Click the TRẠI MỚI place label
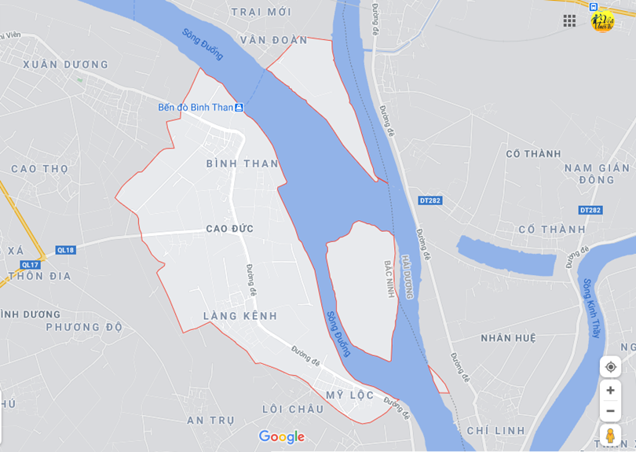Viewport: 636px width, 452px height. (x=261, y=12)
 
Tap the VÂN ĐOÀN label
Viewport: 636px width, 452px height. (x=273, y=40)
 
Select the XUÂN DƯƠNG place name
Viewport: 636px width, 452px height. (x=66, y=64)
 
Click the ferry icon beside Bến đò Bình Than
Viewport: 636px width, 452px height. (x=239, y=108)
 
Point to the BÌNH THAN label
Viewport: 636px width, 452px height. (x=242, y=164)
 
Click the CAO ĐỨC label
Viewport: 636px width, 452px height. (x=229, y=229)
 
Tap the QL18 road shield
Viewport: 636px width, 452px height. (x=66, y=250)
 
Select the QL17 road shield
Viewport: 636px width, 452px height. (x=31, y=265)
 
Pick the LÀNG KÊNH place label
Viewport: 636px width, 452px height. (x=240, y=316)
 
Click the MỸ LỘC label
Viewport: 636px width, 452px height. (x=350, y=395)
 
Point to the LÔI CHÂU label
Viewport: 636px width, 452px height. (x=293, y=409)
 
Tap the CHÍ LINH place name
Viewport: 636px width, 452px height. (x=495, y=431)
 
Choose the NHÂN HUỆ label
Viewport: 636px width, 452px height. (x=508, y=338)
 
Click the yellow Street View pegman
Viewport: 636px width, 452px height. (x=610, y=435)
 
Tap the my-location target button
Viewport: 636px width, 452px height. (x=610, y=367)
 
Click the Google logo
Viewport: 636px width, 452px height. (x=281, y=437)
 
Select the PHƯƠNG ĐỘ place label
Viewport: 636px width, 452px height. (x=84, y=327)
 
